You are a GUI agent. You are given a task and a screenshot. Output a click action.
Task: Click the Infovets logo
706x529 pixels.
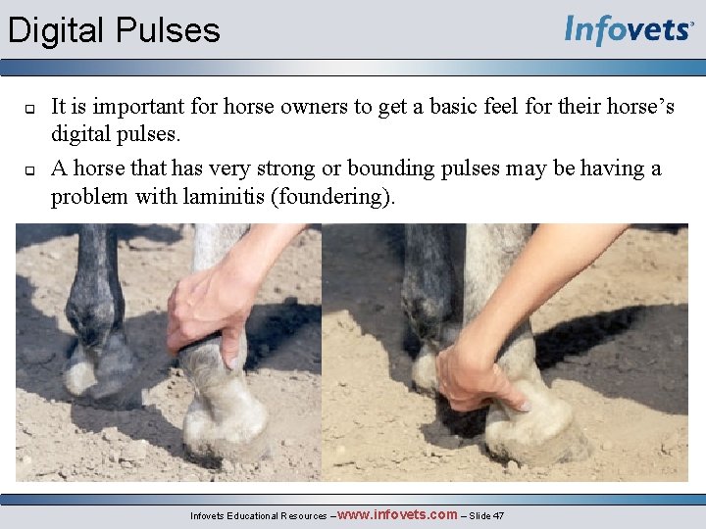(x=629, y=30)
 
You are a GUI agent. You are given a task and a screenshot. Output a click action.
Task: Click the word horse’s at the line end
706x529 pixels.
(x=640, y=106)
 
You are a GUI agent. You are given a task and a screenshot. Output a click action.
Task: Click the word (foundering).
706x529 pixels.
(x=338, y=196)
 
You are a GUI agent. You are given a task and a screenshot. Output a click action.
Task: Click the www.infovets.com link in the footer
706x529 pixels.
(x=397, y=514)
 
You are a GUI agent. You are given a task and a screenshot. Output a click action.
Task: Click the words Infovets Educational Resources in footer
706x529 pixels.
(x=260, y=515)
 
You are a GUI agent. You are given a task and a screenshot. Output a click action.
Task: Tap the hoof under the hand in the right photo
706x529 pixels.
(x=534, y=431)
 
